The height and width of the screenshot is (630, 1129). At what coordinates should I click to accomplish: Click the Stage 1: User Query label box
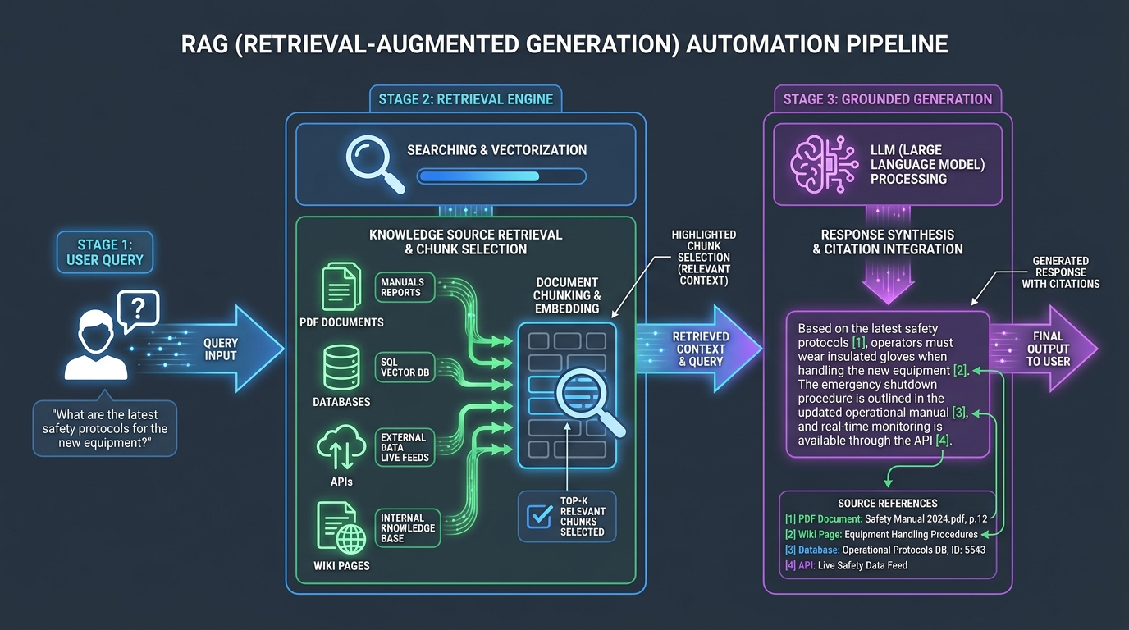coord(105,252)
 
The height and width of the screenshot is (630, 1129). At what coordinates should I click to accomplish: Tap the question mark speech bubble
coord(138,310)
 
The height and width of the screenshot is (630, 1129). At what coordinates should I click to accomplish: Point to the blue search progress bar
coord(501,176)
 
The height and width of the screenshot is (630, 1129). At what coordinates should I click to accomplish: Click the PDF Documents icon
coord(341,286)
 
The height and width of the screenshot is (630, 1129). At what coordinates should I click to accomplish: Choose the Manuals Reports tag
coord(405,287)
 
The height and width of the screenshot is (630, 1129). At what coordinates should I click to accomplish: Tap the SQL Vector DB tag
coord(405,367)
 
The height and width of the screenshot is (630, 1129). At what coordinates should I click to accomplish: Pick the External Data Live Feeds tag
coord(405,448)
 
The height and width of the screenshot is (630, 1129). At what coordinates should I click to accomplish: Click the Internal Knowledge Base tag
coord(407,528)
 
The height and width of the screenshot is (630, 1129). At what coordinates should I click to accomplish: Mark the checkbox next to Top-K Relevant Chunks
coord(539,516)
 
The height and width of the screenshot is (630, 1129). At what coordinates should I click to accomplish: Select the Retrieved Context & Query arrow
coord(698,349)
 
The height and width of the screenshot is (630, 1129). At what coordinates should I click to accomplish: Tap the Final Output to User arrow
coord(1044,349)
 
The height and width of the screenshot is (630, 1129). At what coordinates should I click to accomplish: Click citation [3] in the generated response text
coord(958,413)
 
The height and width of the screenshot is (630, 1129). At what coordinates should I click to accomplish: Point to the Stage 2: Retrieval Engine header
coord(466,98)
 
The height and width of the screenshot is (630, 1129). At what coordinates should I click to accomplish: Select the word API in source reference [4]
coord(807,565)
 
